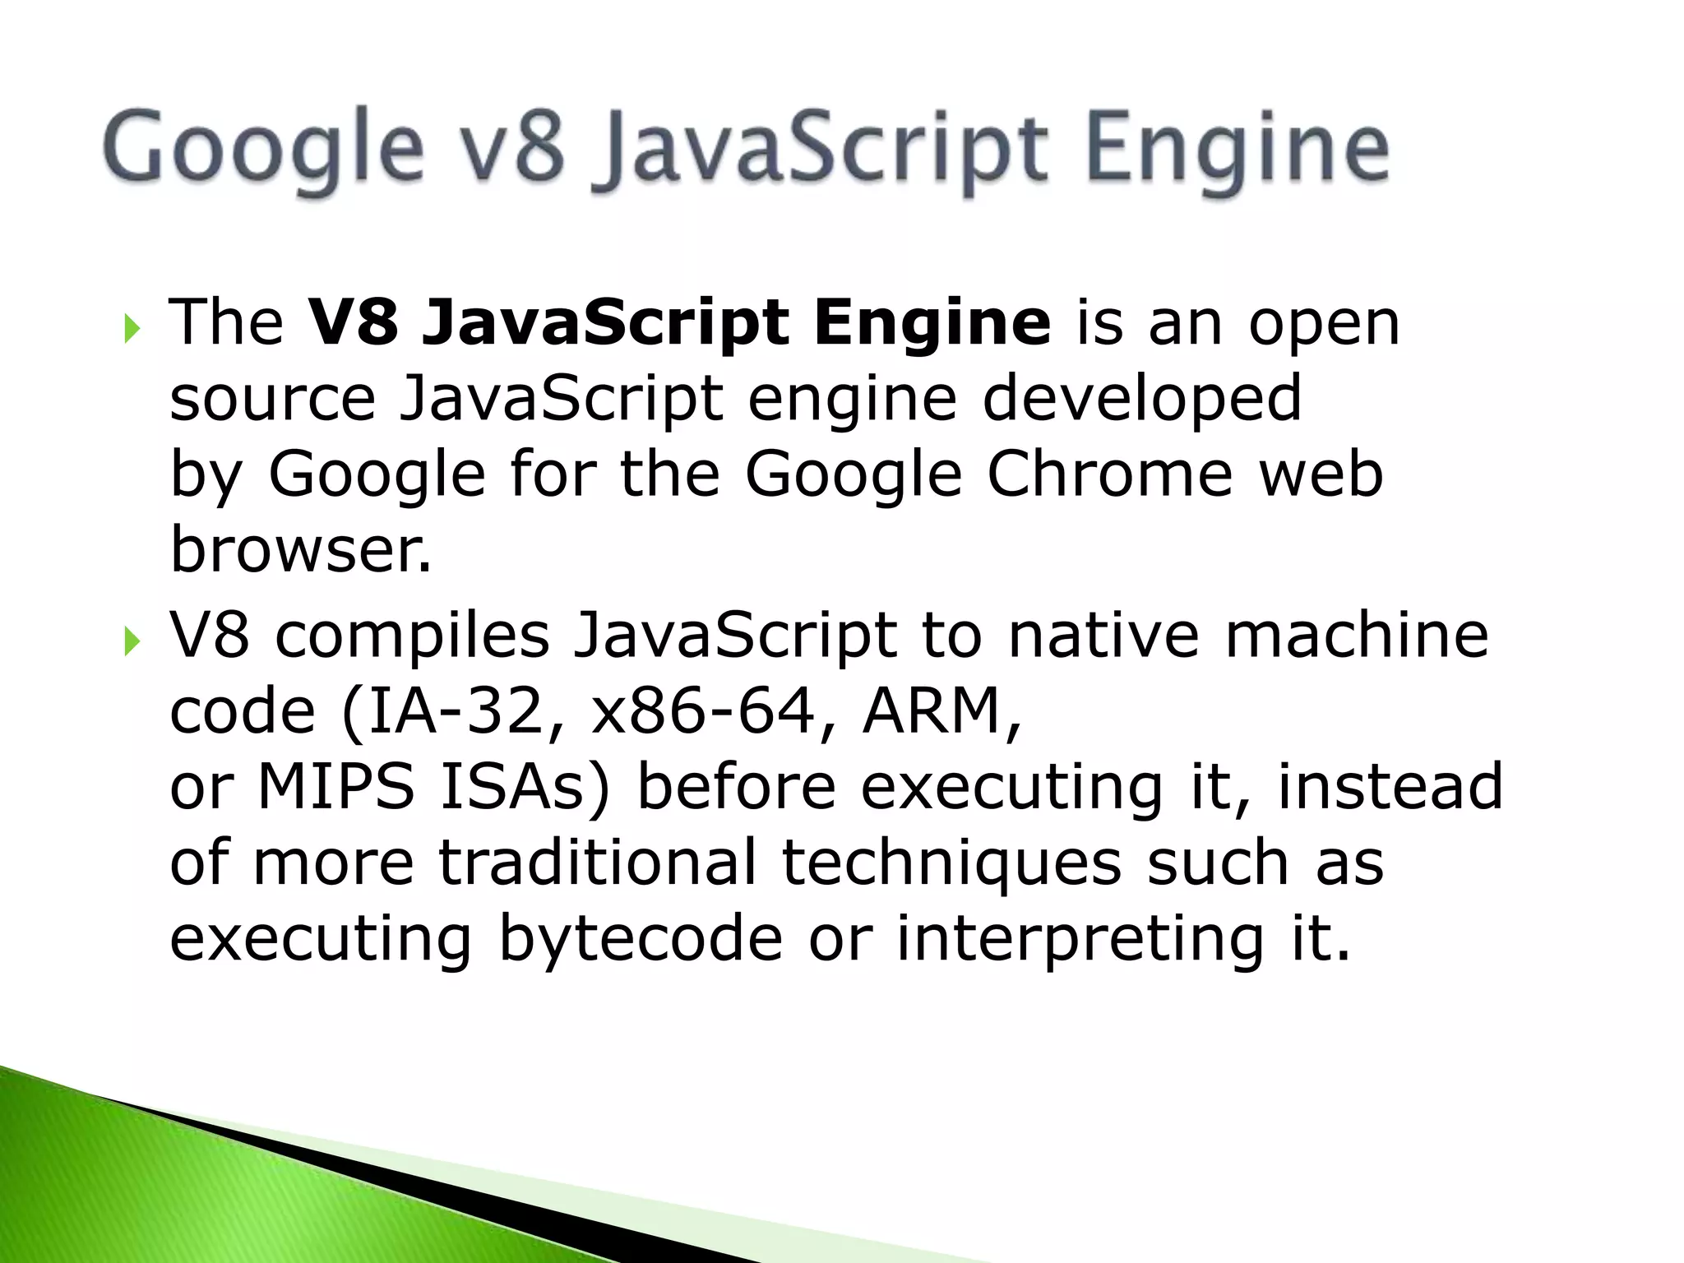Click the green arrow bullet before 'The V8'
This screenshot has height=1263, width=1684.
point(132,329)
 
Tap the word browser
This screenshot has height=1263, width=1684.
point(299,550)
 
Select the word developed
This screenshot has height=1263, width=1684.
point(1142,399)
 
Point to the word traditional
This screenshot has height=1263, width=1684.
point(597,863)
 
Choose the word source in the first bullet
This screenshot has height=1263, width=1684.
point(272,399)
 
